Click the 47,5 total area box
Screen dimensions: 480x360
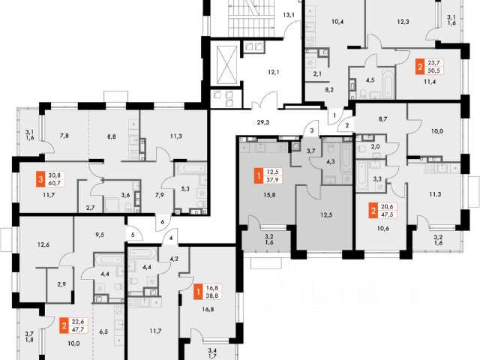click(388, 212)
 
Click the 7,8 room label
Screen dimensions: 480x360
click(65, 136)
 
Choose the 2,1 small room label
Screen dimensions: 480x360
click(316, 73)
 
